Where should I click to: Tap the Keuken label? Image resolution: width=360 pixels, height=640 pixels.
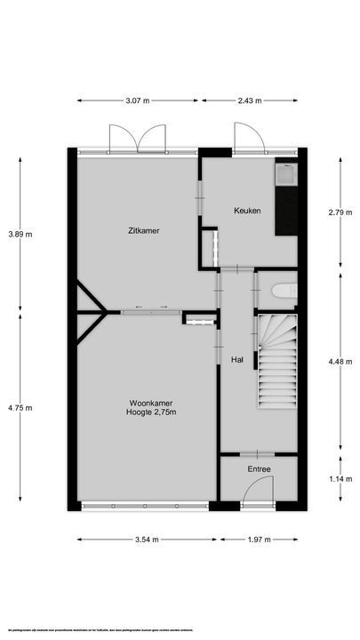[247, 211]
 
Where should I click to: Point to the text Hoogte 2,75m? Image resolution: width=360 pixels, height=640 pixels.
[149, 412]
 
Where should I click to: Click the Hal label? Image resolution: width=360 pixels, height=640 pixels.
[237, 360]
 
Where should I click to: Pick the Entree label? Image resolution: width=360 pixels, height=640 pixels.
[260, 469]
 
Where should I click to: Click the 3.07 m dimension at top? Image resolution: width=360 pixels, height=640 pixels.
[140, 100]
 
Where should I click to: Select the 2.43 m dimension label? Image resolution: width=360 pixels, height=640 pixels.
[248, 100]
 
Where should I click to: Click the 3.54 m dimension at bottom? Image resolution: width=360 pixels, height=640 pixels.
[148, 539]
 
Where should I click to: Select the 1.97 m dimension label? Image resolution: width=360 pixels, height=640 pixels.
[260, 539]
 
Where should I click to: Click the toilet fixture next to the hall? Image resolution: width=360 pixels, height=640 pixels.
[283, 291]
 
